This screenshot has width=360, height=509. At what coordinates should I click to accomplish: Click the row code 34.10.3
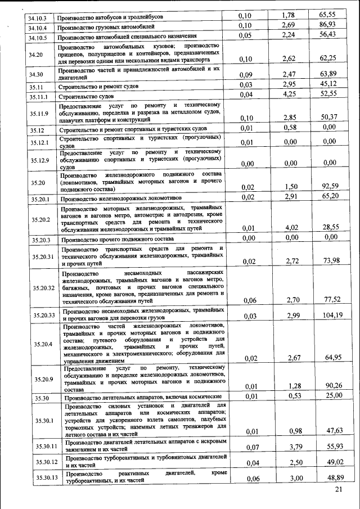coord(38,17)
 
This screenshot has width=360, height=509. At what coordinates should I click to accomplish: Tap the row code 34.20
coord(36,55)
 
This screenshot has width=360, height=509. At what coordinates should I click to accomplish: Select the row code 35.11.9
coord(39,114)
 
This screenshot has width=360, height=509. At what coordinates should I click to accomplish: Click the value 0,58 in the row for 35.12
coord(290,128)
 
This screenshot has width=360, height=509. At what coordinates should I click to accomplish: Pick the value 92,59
coord(330,186)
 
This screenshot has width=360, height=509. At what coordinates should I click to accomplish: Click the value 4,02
coord(290,227)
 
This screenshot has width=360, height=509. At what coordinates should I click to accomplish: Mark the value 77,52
coord(330,300)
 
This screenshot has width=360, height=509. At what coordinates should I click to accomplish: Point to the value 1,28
coord(290,385)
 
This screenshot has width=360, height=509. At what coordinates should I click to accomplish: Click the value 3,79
coord(290,447)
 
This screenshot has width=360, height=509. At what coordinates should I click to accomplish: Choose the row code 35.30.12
coord(43,462)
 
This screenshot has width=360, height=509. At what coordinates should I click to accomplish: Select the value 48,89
coord(330,478)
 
